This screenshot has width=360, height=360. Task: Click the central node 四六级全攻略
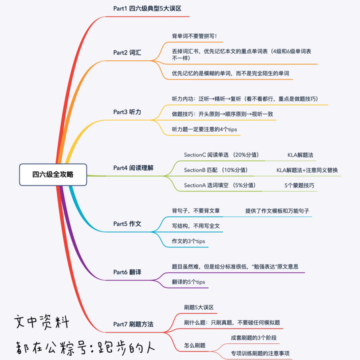coord(53,174)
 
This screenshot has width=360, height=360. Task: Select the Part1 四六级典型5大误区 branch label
coord(147,8)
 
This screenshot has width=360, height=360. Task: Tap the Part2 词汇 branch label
coord(127,52)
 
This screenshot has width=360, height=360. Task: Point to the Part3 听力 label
coord(127,112)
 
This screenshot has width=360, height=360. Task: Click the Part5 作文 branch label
coord(127,223)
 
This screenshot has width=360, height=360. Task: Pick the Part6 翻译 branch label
coord(127,272)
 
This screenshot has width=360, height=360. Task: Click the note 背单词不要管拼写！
coord(194,36)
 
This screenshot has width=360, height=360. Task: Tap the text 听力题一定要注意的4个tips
coord(204,129)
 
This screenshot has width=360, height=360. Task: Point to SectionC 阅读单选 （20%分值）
coord(221,155)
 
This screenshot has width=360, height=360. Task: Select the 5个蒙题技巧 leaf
coord(299,185)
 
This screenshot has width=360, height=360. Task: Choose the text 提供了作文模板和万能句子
coord(277,211)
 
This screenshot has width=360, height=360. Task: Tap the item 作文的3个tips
coord(188,241)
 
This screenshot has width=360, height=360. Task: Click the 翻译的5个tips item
coord(188,282)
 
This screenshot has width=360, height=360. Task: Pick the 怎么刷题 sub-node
coord(194,345)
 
